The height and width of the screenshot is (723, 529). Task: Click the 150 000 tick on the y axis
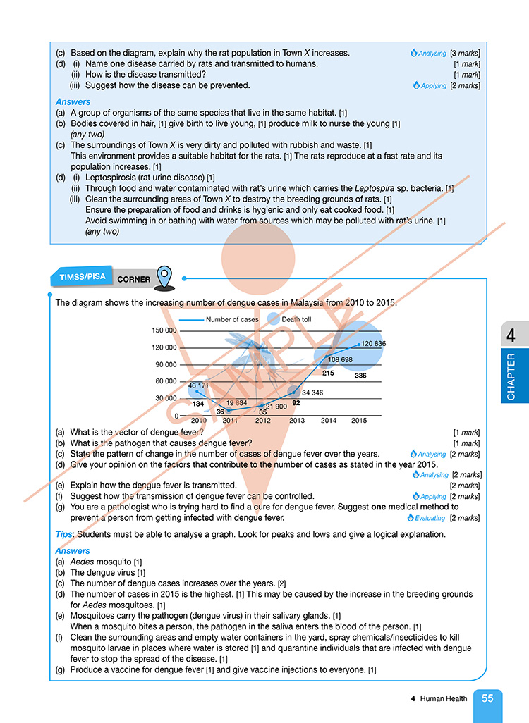coord(164,330)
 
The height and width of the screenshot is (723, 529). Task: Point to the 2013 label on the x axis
coord(296,421)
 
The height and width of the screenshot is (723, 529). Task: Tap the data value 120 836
coord(373,344)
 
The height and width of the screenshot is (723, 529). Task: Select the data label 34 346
coord(312,393)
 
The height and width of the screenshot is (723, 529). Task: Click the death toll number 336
coord(360,376)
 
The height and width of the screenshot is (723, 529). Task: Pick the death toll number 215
coord(327,373)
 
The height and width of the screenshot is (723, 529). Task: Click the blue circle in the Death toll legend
coord(273,319)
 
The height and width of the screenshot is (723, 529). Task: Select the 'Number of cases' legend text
coord(232,319)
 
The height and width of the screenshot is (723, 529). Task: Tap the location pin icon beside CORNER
coord(164,277)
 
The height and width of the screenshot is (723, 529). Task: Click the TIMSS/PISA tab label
coord(83,277)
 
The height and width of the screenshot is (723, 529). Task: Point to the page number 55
coord(487,699)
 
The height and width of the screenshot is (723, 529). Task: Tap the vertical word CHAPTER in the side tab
coord(511,376)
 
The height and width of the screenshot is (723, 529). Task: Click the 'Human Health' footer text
coord(443,699)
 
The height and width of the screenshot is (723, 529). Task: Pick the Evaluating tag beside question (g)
coord(430,518)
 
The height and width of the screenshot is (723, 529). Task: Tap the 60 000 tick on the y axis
coord(166,381)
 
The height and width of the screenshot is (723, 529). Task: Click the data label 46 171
coord(198,385)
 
